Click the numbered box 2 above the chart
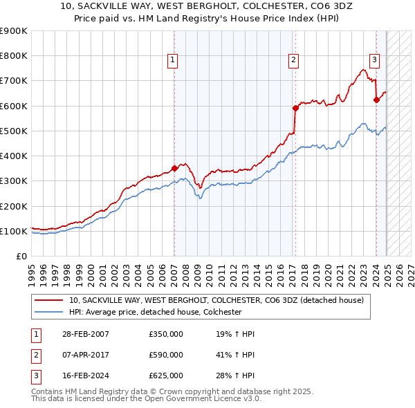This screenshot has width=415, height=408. [294, 60]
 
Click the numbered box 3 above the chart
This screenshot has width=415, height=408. [374, 60]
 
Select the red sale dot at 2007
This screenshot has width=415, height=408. [174, 168]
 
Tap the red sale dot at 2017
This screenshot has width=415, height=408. [295, 108]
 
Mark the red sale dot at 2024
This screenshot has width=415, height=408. [376, 100]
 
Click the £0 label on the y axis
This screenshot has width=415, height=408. [21, 256]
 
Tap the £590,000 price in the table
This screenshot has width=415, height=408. [166, 355]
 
